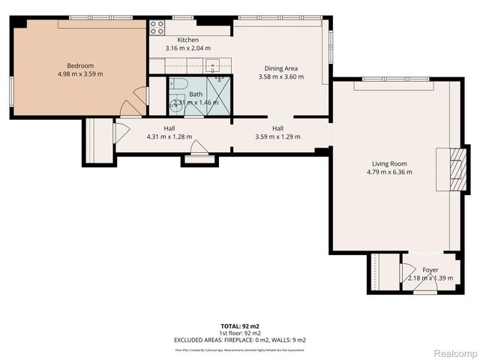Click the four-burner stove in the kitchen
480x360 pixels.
click(x=157, y=28)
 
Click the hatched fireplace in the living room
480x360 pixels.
click(x=455, y=171)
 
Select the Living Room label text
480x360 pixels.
click(x=388, y=163)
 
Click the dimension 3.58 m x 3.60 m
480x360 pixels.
click(x=281, y=76)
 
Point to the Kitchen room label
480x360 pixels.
click(x=187, y=40)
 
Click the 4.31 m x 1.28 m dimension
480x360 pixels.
click(x=169, y=136)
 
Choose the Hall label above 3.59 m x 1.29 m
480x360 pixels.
click(x=278, y=128)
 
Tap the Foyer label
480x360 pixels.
click(x=430, y=269)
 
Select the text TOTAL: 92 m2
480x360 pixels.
click(x=240, y=326)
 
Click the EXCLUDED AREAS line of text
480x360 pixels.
click(x=240, y=340)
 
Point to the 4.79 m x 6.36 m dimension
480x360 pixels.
click(x=388, y=172)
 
